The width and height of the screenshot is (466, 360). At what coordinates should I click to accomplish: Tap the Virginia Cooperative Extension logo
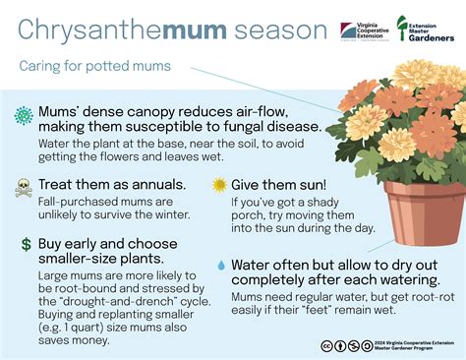(363, 30)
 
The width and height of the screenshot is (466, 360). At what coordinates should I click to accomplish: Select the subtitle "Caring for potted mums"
(94, 67)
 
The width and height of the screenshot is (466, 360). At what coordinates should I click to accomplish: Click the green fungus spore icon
(25, 116)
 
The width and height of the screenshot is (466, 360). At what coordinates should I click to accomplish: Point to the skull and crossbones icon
(25, 186)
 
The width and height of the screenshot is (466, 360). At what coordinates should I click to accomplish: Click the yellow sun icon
(219, 185)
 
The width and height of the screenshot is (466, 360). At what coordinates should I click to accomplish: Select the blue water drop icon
(220, 265)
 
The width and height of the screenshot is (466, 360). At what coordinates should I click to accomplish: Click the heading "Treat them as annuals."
(112, 184)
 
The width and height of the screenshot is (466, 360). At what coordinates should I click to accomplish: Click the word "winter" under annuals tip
(169, 215)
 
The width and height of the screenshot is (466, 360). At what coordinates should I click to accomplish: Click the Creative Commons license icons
(346, 345)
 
